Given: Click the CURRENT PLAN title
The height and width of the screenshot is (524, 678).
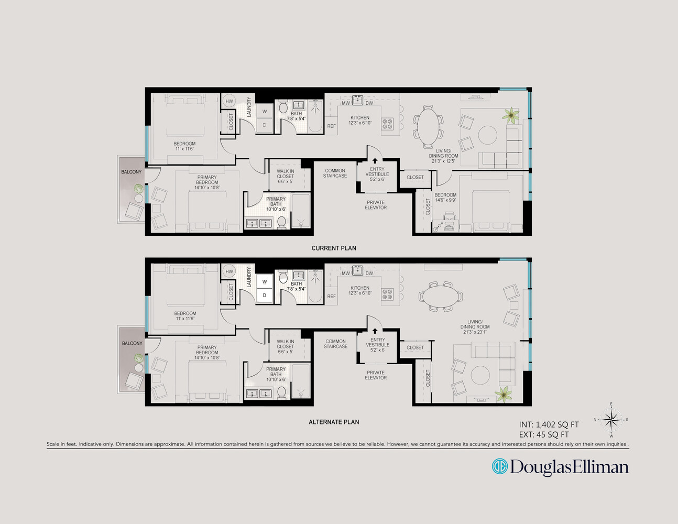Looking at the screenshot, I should point(334,248).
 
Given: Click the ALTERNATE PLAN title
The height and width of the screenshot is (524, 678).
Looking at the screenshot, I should point(334,422).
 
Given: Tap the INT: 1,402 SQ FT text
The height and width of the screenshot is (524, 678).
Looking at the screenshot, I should point(549,425).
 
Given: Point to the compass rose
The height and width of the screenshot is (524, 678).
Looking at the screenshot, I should point(611,419).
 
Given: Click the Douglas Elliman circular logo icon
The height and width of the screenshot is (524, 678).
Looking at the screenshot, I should point(499,466).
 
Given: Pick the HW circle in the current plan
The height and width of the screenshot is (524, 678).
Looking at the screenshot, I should point(229,102).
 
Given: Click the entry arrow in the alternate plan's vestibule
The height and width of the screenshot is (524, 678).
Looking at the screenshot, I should point(375,331).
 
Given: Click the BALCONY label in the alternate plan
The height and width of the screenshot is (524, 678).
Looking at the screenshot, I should point(132,343).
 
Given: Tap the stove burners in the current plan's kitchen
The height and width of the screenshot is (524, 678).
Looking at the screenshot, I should point(387,124).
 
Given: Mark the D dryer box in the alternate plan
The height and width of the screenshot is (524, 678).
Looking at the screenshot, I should point(265,295).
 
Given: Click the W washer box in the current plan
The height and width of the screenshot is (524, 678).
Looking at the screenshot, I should point(265,111).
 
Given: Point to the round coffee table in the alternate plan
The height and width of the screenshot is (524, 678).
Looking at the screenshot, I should point(480,375).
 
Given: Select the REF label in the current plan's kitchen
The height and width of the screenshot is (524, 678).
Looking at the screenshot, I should point(331,126).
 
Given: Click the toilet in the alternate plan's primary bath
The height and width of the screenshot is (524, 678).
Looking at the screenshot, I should point(281,392).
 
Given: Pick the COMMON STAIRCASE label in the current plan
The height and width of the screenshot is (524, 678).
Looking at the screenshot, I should point(335,173).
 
